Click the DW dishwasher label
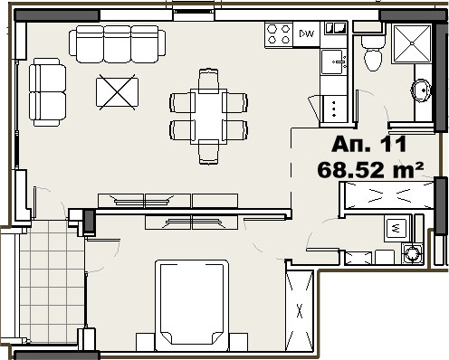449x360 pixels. click(x=306, y=33)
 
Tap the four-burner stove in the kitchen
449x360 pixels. click(x=279, y=34)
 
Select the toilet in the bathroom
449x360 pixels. click(x=374, y=53)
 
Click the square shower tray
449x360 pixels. click(x=412, y=44)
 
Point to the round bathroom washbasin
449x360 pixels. click(x=421, y=90)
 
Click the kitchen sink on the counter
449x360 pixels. click(x=334, y=62)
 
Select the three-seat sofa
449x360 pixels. click(x=118, y=44)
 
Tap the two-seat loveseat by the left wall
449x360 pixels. click(x=47, y=92)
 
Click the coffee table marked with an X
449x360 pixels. click(x=118, y=92)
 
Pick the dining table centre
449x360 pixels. click(x=208, y=117)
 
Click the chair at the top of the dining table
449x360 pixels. click(x=208, y=80)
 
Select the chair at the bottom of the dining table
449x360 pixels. click(x=208, y=152)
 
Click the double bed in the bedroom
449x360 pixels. click(x=192, y=305)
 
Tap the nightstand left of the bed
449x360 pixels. click(x=146, y=342)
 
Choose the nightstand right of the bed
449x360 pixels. click(x=238, y=342)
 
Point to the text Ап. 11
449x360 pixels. click(x=368, y=145)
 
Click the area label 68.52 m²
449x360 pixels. click(x=370, y=170)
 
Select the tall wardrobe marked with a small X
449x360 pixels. click(x=300, y=311)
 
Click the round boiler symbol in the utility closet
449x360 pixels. click(x=411, y=251)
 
